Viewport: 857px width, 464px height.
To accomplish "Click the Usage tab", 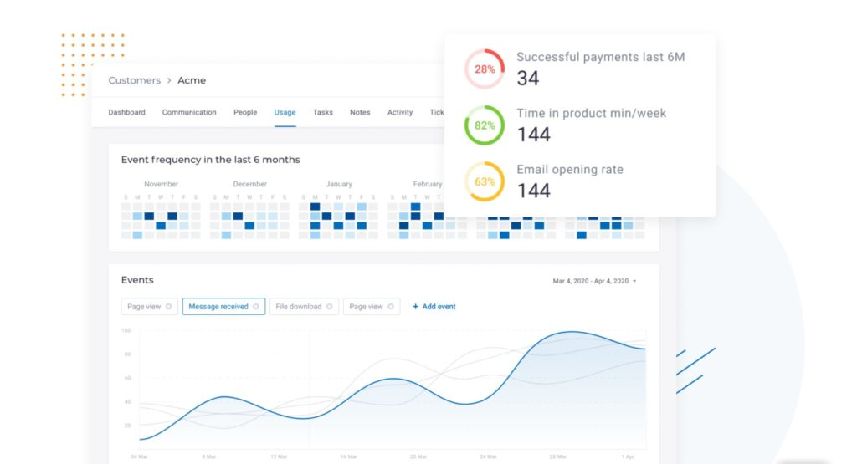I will (285, 112).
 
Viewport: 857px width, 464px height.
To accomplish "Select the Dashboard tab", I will (126, 112).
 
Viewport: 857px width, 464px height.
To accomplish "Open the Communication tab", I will (189, 112).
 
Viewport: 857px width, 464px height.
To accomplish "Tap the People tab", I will (245, 112).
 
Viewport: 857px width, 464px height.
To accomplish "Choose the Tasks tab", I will (323, 112).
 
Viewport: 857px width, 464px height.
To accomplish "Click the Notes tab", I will (360, 112).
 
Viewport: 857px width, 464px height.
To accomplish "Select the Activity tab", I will (400, 112).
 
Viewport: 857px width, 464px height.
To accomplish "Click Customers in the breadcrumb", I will (134, 80).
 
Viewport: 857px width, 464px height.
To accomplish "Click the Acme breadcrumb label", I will (192, 80).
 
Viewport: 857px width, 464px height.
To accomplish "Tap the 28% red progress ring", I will (485, 69).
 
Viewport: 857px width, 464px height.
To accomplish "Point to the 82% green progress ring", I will (485, 125).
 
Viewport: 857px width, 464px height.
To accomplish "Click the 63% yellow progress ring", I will (485, 181).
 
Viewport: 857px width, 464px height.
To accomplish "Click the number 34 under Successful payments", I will (527, 79).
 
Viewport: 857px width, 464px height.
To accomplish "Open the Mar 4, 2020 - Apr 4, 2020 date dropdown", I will (594, 281).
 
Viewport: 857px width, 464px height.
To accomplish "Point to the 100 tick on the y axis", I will (126, 330).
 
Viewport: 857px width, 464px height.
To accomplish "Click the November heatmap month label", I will (161, 184).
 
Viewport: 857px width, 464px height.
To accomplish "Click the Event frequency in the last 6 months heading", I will (210, 159).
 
